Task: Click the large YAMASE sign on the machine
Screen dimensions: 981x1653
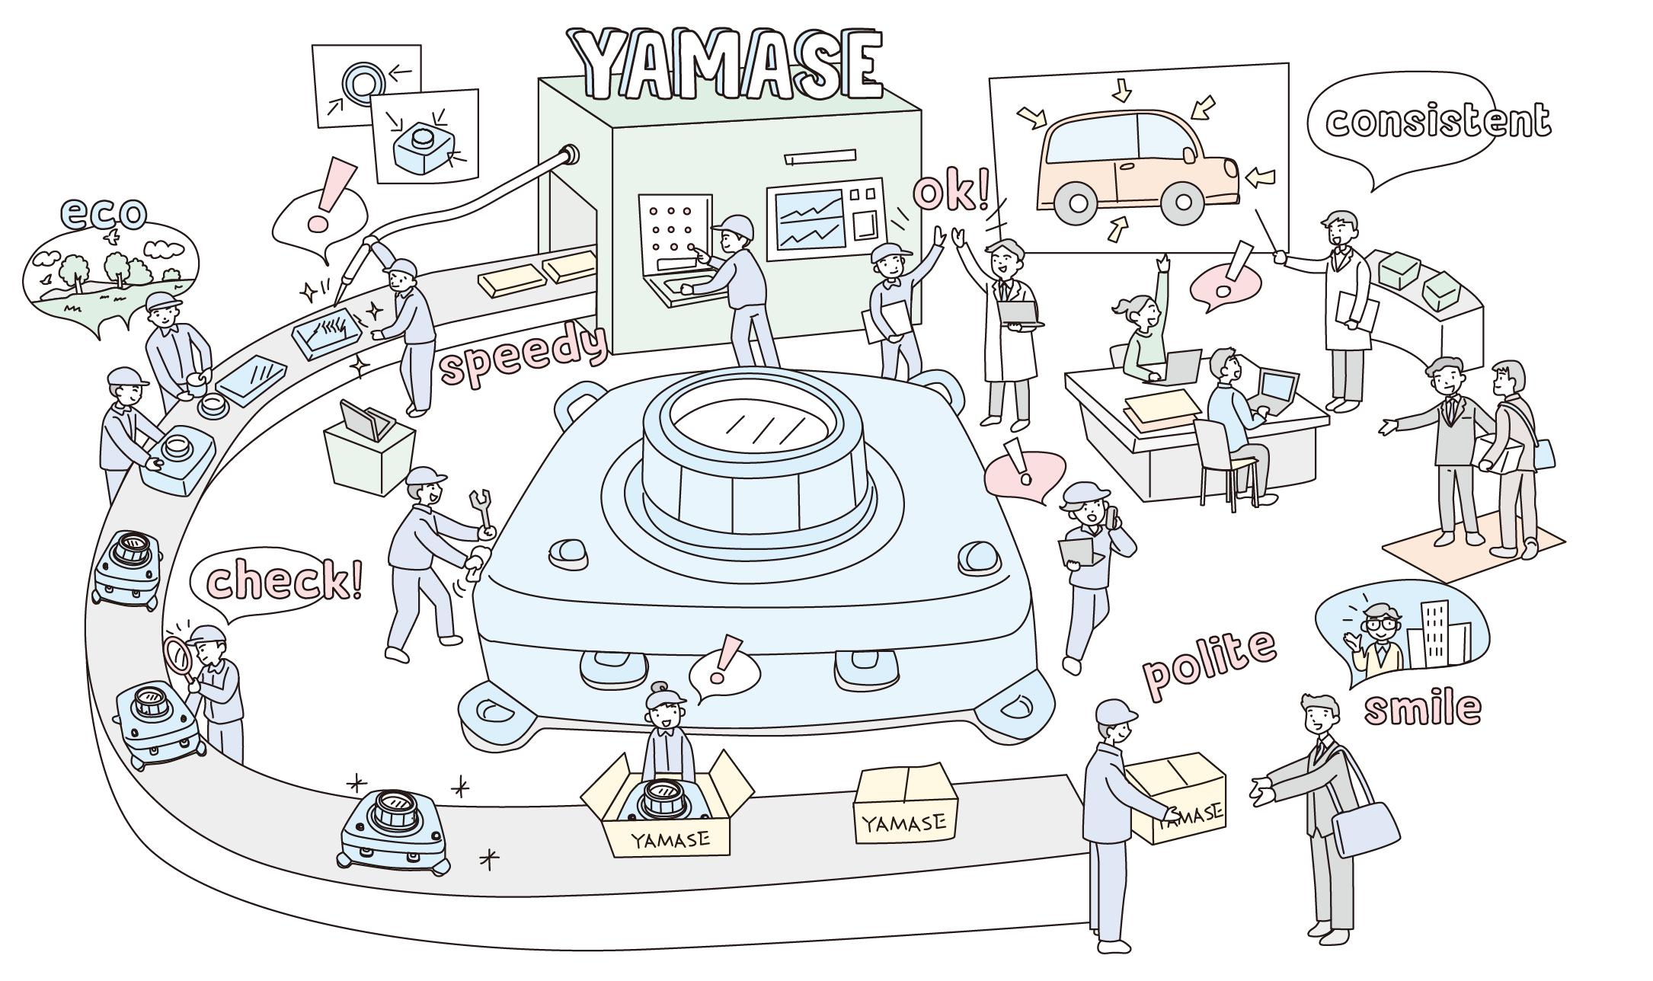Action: click(x=727, y=65)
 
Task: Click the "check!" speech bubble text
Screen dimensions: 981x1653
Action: click(x=283, y=580)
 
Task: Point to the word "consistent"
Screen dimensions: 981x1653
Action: click(x=1437, y=122)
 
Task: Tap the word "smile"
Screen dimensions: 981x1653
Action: click(x=1421, y=708)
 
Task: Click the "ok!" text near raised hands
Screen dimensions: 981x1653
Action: click(x=952, y=192)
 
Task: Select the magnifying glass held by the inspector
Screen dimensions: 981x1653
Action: click(x=178, y=654)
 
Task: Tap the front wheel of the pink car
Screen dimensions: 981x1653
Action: click(x=1182, y=203)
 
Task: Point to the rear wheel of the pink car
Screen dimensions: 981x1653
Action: click(x=1078, y=203)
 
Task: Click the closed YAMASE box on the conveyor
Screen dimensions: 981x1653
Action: click(x=905, y=806)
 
